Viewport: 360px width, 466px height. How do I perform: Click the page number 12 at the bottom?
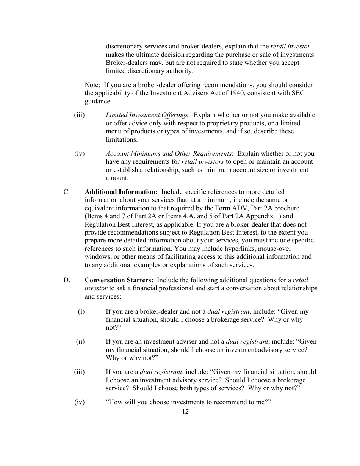pyautogui.click(x=185, y=412)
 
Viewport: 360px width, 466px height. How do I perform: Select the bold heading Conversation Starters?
pyautogui.click(x=119, y=280)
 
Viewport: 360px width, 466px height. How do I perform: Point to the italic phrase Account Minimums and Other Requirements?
pyautogui.click(x=169, y=153)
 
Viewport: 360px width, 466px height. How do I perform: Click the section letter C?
pyautogui.click(x=66, y=192)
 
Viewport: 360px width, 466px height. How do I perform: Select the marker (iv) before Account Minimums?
pyautogui.click(x=80, y=153)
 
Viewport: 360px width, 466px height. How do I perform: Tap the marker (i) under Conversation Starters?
pyautogui.click(x=81, y=311)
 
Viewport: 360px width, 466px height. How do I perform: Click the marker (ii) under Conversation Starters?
pyautogui.click(x=80, y=341)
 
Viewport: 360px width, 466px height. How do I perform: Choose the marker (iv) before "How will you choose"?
pyautogui.click(x=80, y=402)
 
